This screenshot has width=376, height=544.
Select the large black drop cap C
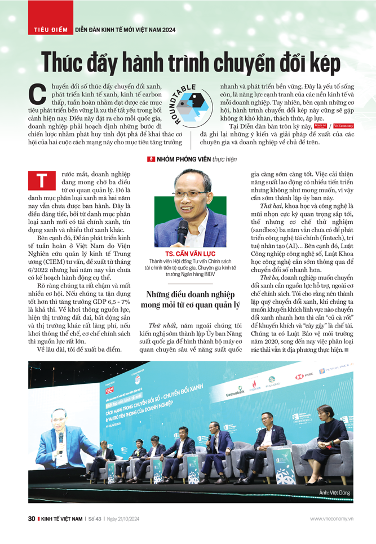click(x=37, y=95)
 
